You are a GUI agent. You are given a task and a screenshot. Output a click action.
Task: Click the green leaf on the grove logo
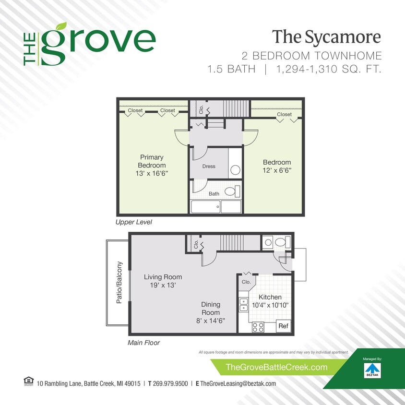(61, 26)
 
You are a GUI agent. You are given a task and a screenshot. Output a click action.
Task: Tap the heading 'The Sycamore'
(326, 37)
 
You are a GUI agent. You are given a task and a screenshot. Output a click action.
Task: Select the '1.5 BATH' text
(231, 69)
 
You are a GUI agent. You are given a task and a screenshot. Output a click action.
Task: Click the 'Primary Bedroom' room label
(152, 161)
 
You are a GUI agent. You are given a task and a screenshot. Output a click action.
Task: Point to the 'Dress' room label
(209, 167)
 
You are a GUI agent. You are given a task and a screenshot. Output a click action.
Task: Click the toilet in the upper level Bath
(231, 192)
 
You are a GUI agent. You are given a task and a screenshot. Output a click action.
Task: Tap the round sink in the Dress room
(235, 170)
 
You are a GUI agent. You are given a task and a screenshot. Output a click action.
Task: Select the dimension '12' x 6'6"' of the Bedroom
(277, 170)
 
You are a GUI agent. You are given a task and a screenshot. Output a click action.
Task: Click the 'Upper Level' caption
(134, 223)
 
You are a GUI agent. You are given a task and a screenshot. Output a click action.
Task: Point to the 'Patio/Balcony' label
(120, 283)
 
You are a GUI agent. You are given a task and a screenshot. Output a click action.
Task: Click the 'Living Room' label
(163, 277)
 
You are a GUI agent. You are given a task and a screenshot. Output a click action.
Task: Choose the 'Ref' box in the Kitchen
(284, 326)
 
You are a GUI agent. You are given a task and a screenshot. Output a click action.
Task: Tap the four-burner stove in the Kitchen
(258, 327)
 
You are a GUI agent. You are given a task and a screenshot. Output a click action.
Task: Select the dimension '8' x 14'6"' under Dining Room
(211, 321)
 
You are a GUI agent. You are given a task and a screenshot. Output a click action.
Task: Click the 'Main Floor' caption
(143, 343)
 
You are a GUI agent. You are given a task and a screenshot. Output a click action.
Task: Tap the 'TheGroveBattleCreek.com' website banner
(276, 368)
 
